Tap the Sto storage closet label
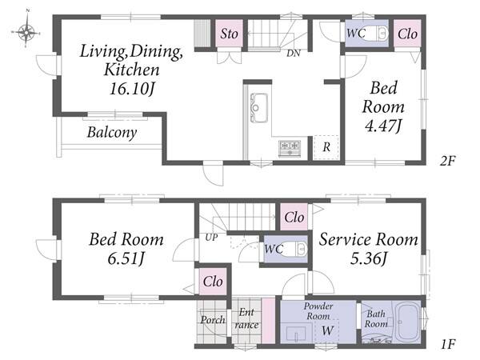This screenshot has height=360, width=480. [229, 34]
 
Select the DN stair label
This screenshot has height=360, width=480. [294, 54]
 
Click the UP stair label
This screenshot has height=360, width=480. [211, 238]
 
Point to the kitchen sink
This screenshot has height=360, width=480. [259, 108]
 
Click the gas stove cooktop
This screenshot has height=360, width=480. [290, 148]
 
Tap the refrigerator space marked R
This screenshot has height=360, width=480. [326, 147]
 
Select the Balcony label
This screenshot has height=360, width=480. [112, 133]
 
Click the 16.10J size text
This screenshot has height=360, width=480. [132, 89]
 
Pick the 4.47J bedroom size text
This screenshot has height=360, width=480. [383, 126]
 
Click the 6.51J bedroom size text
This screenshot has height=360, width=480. [126, 259]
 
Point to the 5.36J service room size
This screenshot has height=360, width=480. [369, 259]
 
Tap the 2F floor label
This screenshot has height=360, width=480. [448, 161]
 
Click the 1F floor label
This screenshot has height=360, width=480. [449, 344]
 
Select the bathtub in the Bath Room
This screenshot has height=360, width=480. [407, 322]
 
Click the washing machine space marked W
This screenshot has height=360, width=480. [327, 330]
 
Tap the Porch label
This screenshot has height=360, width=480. [213, 320]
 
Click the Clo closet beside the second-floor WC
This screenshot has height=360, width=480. [407, 34]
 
